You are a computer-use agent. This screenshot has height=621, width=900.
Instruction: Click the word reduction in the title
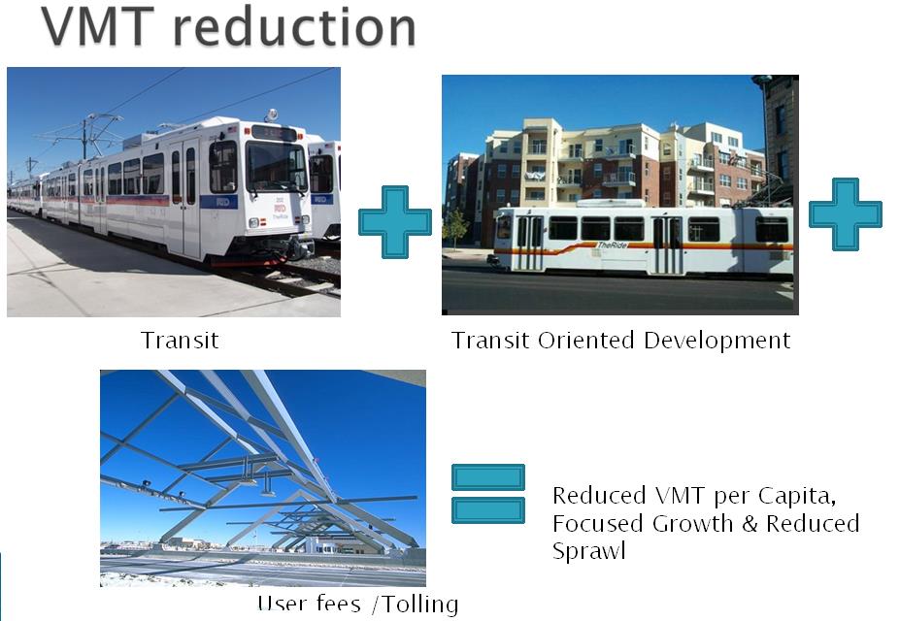pyautogui.click(x=294, y=27)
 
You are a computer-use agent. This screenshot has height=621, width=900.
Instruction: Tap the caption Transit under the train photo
pyautogui.click(x=180, y=340)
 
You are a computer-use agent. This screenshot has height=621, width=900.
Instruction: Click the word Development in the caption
pyautogui.click(x=717, y=341)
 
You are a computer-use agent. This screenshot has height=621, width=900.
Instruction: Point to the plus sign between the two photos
pyautogui.click(x=395, y=221)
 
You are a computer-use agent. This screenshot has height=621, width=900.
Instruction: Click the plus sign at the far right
pyautogui.click(x=845, y=214)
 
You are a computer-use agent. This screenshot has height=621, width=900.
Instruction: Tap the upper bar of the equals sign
pyautogui.click(x=488, y=477)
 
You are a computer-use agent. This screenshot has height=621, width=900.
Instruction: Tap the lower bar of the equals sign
pyautogui.click(x=488, y=510)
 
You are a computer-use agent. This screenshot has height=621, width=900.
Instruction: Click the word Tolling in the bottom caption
pyautogui.click(x=420, y=605)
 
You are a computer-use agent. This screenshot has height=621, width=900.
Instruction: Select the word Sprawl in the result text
pyautogui.click(x=588, y=551)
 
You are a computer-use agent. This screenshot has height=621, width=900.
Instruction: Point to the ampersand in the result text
pyautogui.click(x=750, y=524)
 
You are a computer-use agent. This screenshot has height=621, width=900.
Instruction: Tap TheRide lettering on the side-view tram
pyautogui.click(x=613, y=245)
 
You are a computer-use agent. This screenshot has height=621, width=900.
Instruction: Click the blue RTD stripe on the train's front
pyautogui.click(x=218, y=202)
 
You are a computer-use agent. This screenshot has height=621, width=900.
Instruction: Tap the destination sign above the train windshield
pyautogui.click(x=274, y=133)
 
